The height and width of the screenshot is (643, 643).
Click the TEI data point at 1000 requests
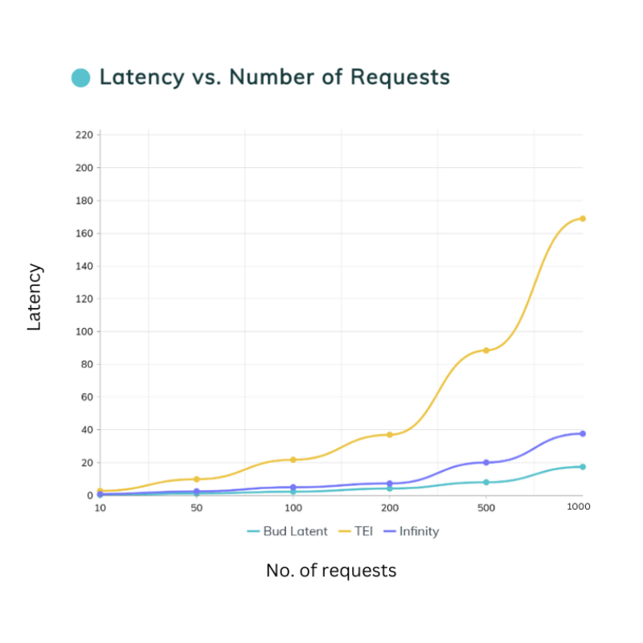583,219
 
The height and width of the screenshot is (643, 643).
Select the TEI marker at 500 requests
486,350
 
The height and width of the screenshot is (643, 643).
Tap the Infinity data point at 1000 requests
583,434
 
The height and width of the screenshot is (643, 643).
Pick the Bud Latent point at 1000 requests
583,467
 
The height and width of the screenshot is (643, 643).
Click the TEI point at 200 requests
390,435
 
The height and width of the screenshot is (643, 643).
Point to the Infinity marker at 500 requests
486,462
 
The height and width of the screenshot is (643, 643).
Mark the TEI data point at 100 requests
293,460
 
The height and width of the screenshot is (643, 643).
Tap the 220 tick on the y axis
84,135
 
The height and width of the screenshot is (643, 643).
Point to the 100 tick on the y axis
84,331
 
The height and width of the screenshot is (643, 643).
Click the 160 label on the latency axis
84,233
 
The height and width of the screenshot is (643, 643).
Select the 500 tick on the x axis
486,508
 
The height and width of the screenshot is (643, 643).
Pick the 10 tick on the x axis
100,508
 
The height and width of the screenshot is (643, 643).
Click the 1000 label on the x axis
579,507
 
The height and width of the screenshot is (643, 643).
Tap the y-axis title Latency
35,297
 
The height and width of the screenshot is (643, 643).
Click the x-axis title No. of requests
331,571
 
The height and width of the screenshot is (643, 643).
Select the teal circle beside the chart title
80,78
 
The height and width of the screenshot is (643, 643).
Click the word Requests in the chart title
399,78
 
